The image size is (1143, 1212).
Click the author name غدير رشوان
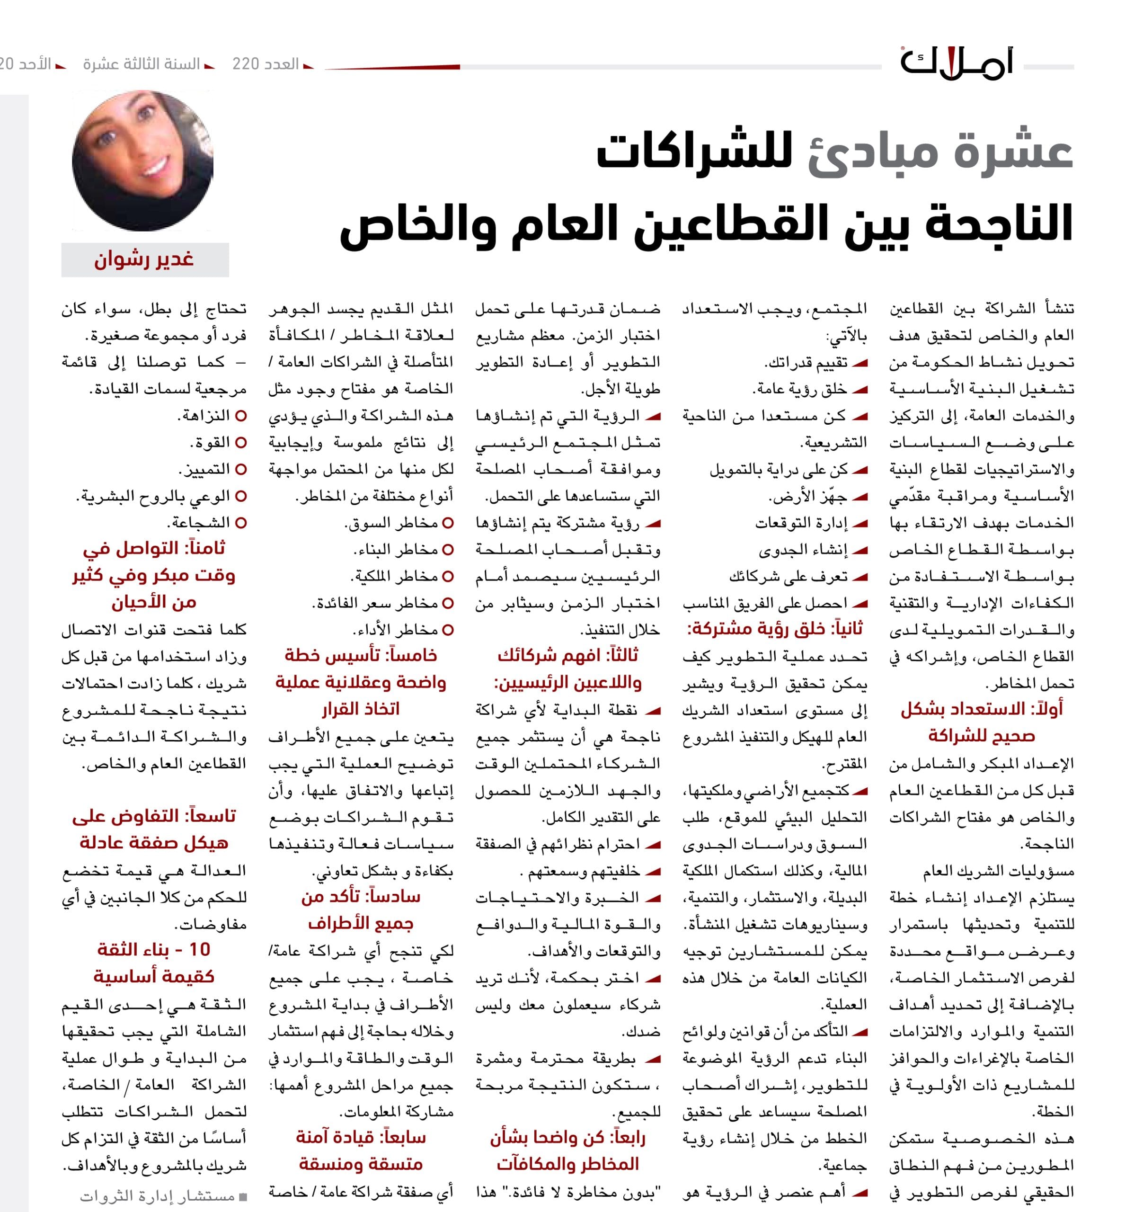pos(144,260)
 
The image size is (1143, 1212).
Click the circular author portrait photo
pos(142,161)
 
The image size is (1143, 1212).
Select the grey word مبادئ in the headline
pos(872,152)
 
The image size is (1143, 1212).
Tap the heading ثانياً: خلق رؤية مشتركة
pos(775,629)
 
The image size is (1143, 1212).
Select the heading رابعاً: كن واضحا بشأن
pos(567,1138)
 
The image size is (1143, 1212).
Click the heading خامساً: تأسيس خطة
pos(361,655)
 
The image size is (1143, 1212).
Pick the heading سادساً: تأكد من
pos(361,897)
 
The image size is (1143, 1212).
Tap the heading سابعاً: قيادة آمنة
pos(361,1138)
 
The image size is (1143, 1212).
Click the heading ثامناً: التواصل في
pos(154,548)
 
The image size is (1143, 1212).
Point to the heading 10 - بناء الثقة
pos(154,950)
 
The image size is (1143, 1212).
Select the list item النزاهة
pos(204,416)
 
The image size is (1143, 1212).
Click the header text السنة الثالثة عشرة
pos(142,64)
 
